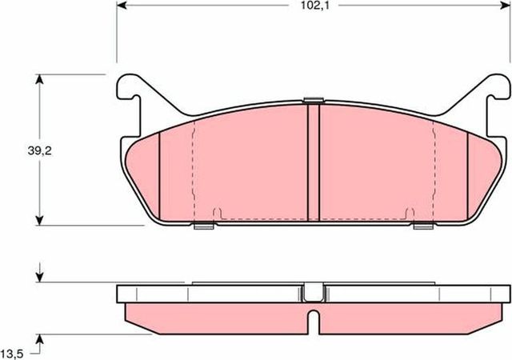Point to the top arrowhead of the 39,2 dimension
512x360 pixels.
tap(39, 78)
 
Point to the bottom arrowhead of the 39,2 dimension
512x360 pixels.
tap(39, 219)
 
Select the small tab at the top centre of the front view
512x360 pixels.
tap(314, 100)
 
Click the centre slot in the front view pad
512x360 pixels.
tap(314, 164)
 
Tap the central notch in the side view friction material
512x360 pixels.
tap(314, 322)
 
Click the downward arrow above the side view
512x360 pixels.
tap(39, 277)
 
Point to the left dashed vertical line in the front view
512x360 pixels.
tap(194, 168)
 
